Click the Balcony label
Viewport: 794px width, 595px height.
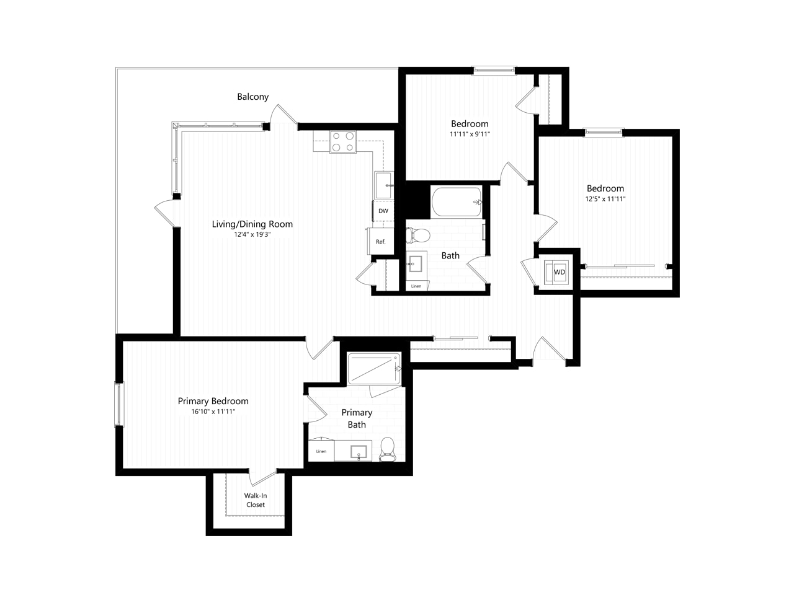252,97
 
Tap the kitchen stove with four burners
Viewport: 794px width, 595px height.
342,141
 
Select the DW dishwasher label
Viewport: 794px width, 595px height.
383,211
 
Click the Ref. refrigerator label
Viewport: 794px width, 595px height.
380,242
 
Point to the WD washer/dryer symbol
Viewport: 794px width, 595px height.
556,271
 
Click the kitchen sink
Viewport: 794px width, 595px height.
383,185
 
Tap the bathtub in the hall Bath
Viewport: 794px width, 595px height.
457,202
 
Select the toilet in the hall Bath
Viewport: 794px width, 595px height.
418,236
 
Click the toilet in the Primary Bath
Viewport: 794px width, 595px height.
388,449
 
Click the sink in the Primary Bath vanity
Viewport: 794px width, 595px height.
359,451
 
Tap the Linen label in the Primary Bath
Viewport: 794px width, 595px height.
321,451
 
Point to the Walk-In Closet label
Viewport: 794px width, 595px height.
256,500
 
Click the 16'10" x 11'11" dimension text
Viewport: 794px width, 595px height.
213,411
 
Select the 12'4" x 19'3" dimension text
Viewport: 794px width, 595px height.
252,234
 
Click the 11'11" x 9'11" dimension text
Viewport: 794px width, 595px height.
470,134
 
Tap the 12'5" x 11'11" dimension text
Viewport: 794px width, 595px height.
605,199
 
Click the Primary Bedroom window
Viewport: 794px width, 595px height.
119,404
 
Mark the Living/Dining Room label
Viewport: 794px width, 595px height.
252,224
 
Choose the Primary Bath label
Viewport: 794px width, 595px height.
357,418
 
